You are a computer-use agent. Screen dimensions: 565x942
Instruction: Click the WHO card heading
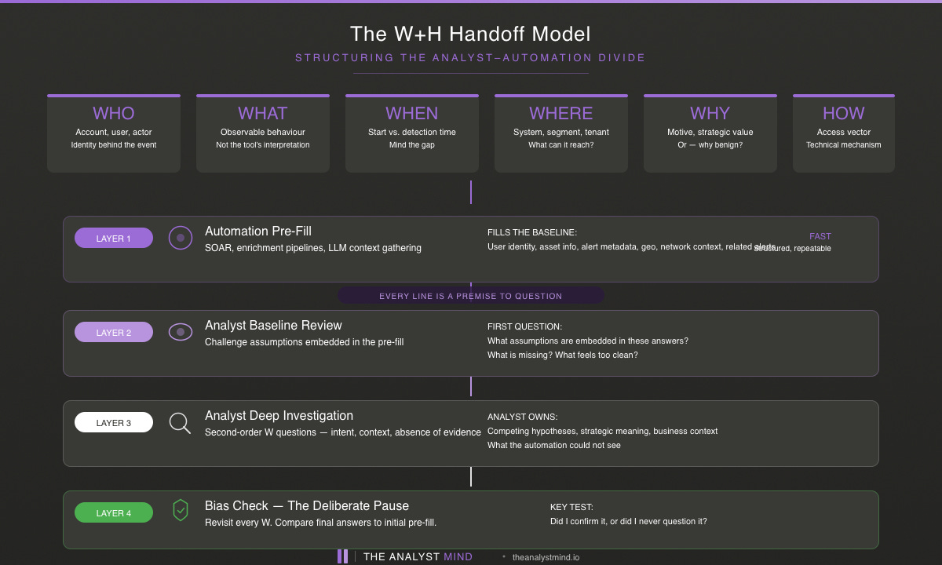coord(114,113)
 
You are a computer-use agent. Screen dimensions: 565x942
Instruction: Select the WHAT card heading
coord(263,113)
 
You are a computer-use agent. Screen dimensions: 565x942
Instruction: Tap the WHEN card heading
coord(412,113)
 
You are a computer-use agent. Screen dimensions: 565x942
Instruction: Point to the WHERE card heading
coord(561,113)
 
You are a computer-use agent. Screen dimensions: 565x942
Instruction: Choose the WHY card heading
coord(710,113)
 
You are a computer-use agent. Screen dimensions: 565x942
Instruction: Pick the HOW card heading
coord(844,113)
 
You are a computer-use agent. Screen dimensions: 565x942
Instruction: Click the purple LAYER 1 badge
coord(114,238)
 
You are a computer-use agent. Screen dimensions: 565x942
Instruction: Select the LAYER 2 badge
coord(114,332)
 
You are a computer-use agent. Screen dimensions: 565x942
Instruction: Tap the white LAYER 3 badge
coord(114,422)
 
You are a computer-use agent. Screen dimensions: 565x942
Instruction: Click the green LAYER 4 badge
coord(114,512)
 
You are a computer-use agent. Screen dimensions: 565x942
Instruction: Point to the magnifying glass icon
coord(181,423)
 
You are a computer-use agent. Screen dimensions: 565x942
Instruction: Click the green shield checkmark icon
coord(181,511)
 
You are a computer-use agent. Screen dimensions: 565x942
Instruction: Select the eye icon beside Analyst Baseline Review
coord(181,332)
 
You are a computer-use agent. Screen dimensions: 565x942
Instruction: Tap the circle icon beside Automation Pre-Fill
coord(181,237)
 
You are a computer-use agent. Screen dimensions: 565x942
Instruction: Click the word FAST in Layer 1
coord(820,236)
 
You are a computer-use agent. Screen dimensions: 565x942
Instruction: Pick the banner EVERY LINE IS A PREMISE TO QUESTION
coord(471,296)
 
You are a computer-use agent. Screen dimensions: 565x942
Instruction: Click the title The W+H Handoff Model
coord(471,34)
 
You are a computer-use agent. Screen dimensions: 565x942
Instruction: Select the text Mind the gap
coord(412,145)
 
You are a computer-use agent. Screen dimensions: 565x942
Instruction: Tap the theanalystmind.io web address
coord(546,557)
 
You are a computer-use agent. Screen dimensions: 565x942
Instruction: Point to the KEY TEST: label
coord(571,507)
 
